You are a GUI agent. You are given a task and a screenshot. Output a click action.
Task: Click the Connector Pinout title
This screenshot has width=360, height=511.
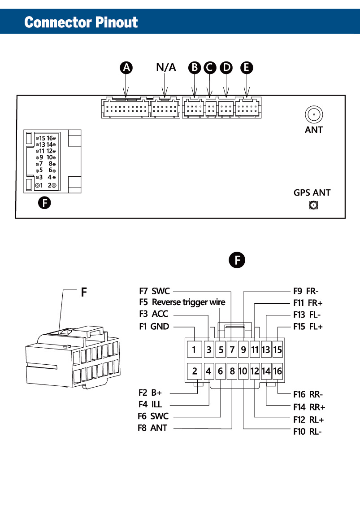pos(81,22)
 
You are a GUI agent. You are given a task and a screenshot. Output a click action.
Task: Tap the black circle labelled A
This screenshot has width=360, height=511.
pos(127,68)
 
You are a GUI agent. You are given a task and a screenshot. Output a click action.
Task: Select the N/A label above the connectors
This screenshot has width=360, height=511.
pos(166,68)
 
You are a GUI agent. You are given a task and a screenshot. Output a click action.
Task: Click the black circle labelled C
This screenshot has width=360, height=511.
pos(209,68)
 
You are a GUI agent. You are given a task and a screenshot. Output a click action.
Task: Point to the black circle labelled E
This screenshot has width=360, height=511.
pos(246,68)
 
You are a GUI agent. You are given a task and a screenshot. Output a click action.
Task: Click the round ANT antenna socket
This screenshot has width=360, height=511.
pos(314,115)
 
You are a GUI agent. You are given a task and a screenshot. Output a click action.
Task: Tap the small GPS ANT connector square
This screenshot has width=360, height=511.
pos(313,206)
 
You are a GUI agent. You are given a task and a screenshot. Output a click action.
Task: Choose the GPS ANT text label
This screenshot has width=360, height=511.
pos(312,193)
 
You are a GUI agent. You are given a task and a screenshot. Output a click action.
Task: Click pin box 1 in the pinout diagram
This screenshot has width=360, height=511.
pos(194,349)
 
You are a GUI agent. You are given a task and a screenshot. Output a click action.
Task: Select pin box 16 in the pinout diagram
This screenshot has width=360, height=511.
pos(278,371)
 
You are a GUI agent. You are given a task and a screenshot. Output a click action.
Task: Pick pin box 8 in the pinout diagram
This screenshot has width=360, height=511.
pos(232,371)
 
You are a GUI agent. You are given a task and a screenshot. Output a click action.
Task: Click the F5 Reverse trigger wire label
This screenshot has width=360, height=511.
pos(182,302)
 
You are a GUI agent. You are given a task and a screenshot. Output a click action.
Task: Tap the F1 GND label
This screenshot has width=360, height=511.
pos(154,327)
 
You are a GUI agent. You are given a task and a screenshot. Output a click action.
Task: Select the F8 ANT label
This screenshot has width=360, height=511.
pos(152,428)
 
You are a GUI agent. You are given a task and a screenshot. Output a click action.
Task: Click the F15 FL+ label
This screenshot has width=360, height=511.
pos(308,327)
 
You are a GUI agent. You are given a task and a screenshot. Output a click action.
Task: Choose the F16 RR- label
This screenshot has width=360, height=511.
pos(308,395)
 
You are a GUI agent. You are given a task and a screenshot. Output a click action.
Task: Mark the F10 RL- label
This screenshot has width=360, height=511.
pos(308,432)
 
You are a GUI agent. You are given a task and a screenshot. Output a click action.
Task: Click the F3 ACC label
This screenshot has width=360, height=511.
pos(154,314)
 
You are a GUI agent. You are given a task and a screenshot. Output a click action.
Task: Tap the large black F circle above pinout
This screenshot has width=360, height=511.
pos(237,260)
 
